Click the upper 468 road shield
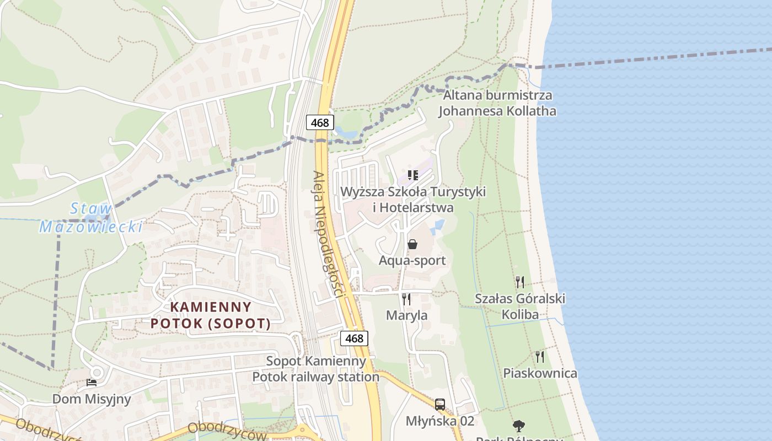(320, 122)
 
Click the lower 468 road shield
(354, 338)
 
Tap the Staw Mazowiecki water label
(91, 218)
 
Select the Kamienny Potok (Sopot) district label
(211, 315)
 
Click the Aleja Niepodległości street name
(329, 234)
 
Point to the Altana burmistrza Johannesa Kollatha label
(497, 103)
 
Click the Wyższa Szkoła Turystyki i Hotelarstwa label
(413, 200)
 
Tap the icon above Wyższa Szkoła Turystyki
(412, 175)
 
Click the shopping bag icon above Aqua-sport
(412, 244)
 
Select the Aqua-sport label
(412, 260)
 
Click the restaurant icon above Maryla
(406, 299)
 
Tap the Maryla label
(406, 316)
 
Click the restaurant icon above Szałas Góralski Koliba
(519, 282)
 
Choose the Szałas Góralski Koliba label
(520, 306)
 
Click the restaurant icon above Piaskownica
(540, 357)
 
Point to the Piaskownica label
(540, 373)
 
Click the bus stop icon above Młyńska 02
(439, 405)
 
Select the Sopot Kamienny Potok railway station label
(316, 369)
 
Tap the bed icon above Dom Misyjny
(92, 382)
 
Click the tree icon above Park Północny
(518, 426)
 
